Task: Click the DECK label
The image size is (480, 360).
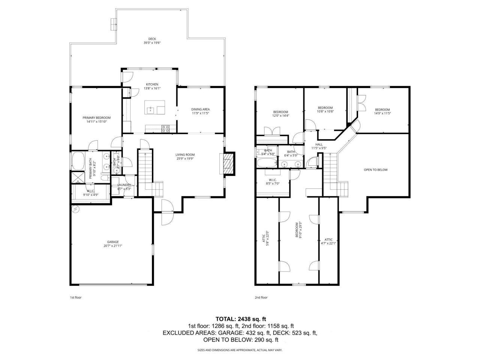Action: click(x=152, y=39)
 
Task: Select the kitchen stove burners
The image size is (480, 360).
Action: click(x=165, y=128)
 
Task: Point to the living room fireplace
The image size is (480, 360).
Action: click(x=228, y=163)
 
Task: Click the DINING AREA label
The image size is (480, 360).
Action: click(x=201, y=109)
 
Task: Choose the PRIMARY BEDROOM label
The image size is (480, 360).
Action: click(x=96, y=118)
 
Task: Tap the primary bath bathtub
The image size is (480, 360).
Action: click(x=78, y=160)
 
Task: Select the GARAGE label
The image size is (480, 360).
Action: click(x=113, y=242)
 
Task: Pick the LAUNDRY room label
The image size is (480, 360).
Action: click(x=124, y=185)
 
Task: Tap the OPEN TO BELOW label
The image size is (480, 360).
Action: click(x=375, y=170)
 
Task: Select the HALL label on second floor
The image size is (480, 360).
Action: click(x=319, y=144)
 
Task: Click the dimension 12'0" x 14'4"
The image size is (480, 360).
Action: click(x=280, y=115)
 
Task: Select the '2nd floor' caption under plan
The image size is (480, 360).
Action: click(x=261, y=297)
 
